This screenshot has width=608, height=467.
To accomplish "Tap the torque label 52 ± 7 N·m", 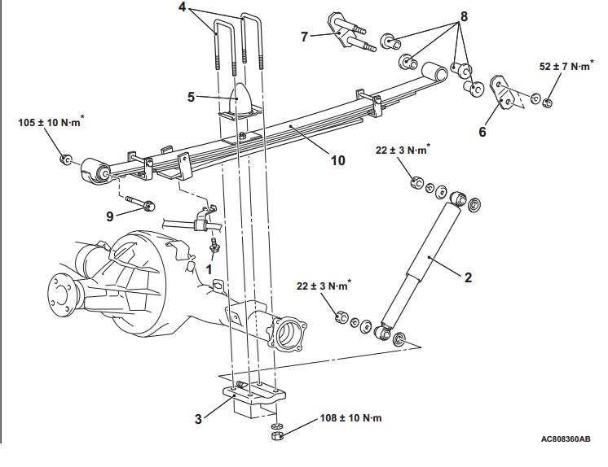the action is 566,66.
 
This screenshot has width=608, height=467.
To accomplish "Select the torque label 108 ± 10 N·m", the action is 350,418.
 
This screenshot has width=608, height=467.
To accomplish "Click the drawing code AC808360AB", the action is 566,439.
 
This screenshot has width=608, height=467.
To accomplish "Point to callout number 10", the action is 337,160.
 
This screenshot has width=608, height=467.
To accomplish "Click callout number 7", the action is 304,37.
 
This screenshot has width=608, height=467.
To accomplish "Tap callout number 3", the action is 198,419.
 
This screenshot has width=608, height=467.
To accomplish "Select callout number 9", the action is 110,216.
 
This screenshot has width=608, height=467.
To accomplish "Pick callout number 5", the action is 191,97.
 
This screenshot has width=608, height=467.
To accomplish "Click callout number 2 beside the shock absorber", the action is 468,277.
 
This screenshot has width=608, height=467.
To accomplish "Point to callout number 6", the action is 482,132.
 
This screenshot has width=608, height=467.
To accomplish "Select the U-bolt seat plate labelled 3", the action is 254,394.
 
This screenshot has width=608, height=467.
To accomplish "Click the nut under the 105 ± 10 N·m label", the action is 65,159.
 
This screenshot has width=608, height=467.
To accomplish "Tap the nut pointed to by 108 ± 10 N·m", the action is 277,436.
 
